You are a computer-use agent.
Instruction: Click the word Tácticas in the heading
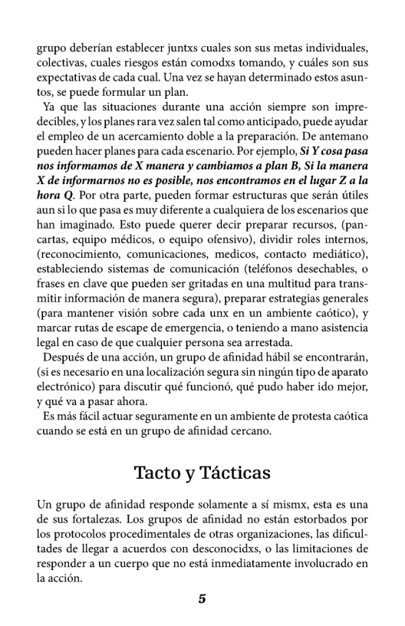pos(233,473)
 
